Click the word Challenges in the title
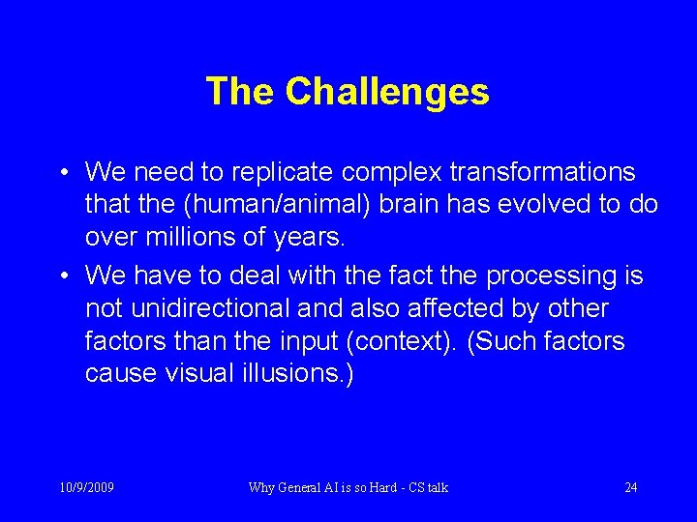click(x=387, y=92)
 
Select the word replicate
click(x=305, y=172)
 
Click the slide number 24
click(x=630, y=487)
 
